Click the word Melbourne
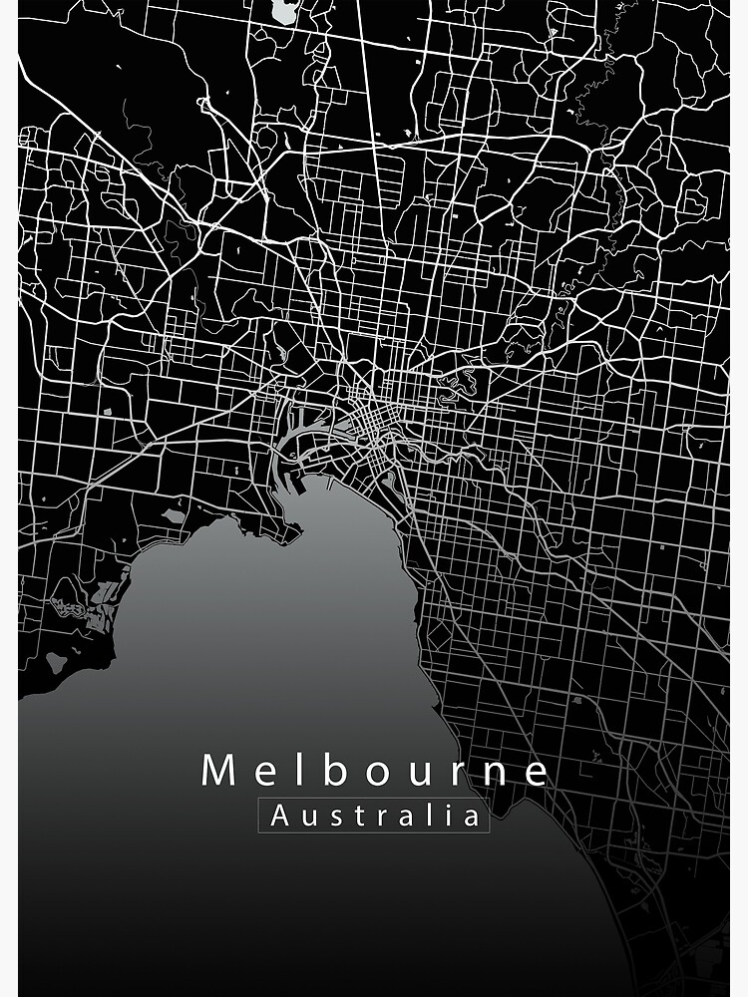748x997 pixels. pos(375,771)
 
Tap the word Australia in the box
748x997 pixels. pos(375,817)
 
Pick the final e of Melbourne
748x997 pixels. pos(536,773)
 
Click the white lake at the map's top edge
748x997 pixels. pos(283,10)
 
